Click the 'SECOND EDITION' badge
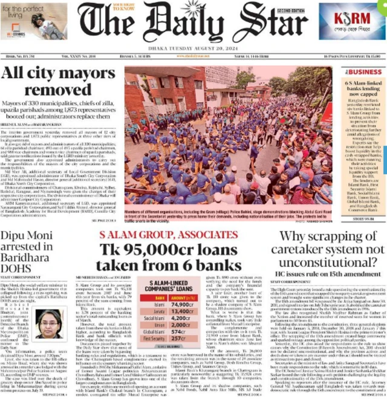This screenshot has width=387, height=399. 293,11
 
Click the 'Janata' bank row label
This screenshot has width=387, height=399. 160,312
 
